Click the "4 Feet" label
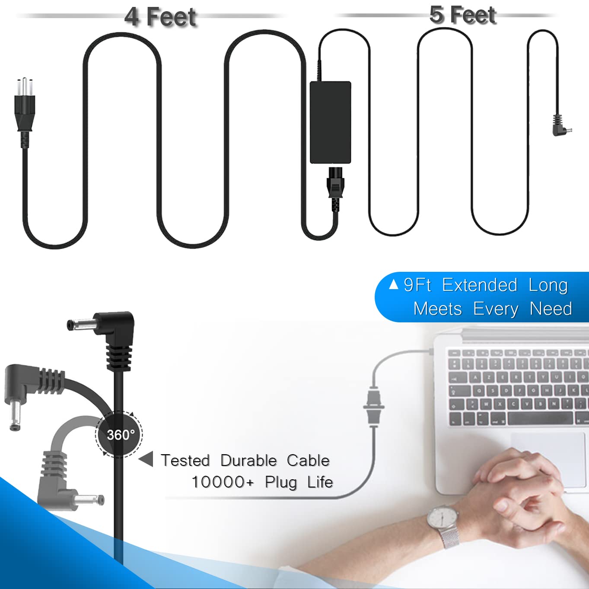point(160,17)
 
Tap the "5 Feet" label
point(462,15)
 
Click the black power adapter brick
point(331,122)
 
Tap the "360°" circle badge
point(119,434)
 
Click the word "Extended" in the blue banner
point(480,285)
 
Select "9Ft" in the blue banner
point(417,285)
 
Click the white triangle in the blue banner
point(393,285)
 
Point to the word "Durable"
point(248,460)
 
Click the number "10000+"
point(223,482)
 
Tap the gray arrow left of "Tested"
point(146,459)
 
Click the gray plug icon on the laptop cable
point(373,406)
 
